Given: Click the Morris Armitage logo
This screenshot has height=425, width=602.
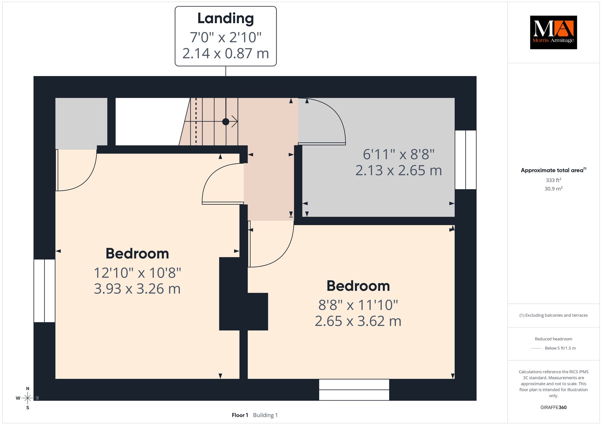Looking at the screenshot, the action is pyautogui.click(x=553, y=32).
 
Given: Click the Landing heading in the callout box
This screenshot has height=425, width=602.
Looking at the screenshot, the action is pyautogui.click(x=225, y=18).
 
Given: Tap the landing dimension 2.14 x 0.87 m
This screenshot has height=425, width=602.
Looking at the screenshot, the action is pyautogui.click(x=225, y=53).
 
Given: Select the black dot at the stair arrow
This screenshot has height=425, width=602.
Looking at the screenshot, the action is pyautogui.click(x=226, y=122).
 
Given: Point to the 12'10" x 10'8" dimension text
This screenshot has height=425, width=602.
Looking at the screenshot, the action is pyautogui.click(x=137, y=273).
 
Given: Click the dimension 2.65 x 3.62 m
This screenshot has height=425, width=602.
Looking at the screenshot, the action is pyautogui.click(x=358, y=321).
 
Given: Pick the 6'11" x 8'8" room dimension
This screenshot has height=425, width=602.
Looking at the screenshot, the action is pyautogui.click(x=399, y=154).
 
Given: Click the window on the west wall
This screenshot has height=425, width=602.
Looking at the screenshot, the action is pyautogui.click(x=44, y=291).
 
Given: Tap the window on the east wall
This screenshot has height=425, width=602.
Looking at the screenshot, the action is pyautogui.click(x=466, y=160).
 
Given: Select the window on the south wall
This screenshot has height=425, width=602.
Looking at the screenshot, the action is pyautogui.click(x=354, y=390).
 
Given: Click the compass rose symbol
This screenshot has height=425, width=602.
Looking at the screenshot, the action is pyautogui.click(x=28, y=398).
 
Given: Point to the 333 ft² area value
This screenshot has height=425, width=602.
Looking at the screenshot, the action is pyautogui.click(x=553, y=180).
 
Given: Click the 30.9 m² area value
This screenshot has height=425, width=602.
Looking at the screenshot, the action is pyautogui.click(x=553, y=188).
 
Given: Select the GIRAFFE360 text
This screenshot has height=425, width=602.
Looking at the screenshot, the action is pyautogui.click(x=553, y=407).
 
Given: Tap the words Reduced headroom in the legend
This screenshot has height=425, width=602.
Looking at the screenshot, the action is pyautogui.click(x=553, y=339).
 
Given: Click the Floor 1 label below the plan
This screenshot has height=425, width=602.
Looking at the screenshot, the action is pyautogui.click(x=240, y=415).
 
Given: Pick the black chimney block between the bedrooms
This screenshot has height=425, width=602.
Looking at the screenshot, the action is pyautogui.click(x=244, y=294).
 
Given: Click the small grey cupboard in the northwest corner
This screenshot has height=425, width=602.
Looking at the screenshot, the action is pyautogui.click(x=81, y=123).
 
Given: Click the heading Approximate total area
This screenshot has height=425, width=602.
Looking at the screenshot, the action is pyautogui.click(x=552, y=170).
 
